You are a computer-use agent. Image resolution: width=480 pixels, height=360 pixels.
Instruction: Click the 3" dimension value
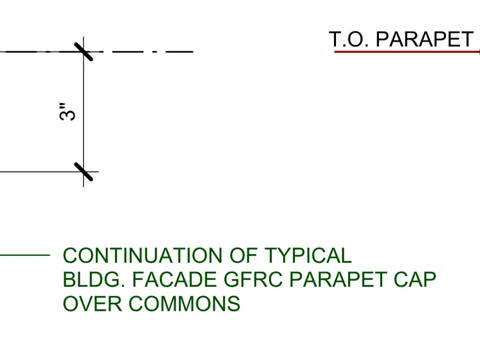point(67,112)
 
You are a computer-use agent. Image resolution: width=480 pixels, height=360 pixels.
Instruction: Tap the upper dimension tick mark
point(83,52)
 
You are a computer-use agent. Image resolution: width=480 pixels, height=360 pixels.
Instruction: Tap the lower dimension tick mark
point(83,172)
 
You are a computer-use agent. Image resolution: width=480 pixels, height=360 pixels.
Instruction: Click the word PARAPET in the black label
point(424,39)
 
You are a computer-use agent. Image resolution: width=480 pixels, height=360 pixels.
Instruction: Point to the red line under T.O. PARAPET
point(407,52)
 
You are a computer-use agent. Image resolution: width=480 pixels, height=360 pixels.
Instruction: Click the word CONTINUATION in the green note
point(142,255)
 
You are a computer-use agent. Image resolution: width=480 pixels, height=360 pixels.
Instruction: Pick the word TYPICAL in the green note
point(308,255)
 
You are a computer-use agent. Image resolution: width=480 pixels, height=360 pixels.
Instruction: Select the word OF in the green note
point(243,255)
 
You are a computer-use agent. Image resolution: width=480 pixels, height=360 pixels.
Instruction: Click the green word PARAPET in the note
point(338,280)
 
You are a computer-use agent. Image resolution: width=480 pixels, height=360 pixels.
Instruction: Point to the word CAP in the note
point(415,280)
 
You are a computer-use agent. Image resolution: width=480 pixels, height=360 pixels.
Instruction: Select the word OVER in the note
point(92,304)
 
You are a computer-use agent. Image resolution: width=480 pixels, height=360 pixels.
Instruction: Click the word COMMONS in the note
point(184,304)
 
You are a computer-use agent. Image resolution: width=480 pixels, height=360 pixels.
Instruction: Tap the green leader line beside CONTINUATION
point(25,255)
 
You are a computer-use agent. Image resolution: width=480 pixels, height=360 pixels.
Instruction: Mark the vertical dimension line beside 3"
point(83,112)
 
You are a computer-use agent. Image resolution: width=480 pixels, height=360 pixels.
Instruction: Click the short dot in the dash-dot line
point(155,52)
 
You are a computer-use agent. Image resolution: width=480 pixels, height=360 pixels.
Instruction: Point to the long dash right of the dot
point(179,52)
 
